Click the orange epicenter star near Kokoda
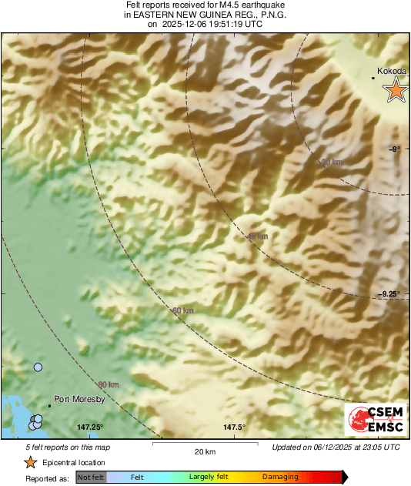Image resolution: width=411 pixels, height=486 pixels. (x=396, y=90)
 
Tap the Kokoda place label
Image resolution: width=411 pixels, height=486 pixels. (x=393, y=71)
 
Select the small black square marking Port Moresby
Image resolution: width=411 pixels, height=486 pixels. (x=49, y=405)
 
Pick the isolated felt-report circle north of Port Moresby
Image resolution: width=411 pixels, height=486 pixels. (x=38, y=367)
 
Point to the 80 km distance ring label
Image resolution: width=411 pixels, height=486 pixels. (x=109, y=384)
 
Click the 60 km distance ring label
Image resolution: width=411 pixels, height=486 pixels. (x=182, y=310)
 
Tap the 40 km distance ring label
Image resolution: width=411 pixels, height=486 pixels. (x=258, y=236)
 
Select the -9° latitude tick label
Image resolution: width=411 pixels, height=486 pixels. (x=393, y=149)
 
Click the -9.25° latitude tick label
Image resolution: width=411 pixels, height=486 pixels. (x=393, y=293)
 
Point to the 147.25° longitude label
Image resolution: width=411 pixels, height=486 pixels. (x=90, y=427)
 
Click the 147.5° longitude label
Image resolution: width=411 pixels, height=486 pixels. (x=234, y=427)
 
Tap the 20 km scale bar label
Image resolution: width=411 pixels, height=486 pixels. (x=204, y=451)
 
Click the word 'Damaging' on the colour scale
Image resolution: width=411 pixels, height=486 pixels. (x=280, y=477)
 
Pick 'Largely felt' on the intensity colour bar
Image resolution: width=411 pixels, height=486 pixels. (x=206, y=477)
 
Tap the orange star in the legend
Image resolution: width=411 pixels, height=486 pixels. (x=30, y=462)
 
